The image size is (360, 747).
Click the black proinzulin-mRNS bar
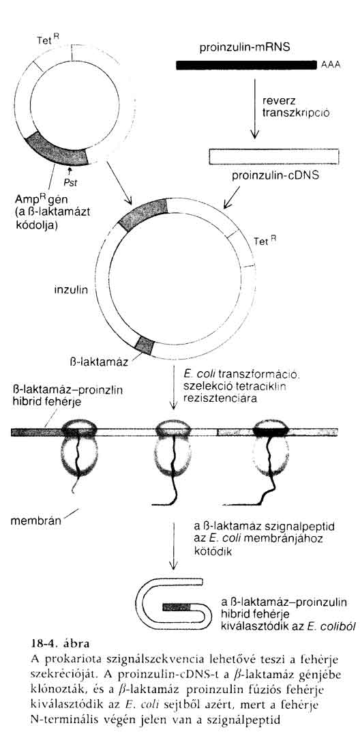point(247,65)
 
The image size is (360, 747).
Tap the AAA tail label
point(331,65)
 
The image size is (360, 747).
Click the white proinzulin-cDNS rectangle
point(274,156)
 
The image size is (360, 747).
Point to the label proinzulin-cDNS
point(275,176)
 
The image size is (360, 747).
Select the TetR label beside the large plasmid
point(265,241)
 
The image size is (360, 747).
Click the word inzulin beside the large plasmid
point(70,290)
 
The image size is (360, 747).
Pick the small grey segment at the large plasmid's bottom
point(145,344)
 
